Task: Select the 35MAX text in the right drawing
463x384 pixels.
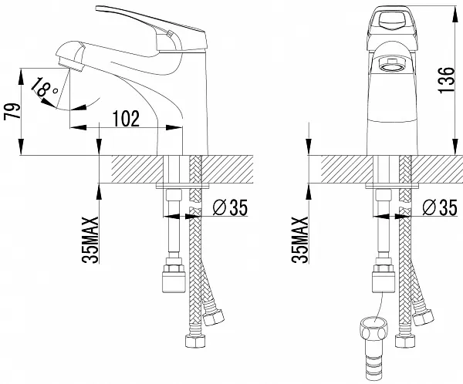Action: (301, 239)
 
